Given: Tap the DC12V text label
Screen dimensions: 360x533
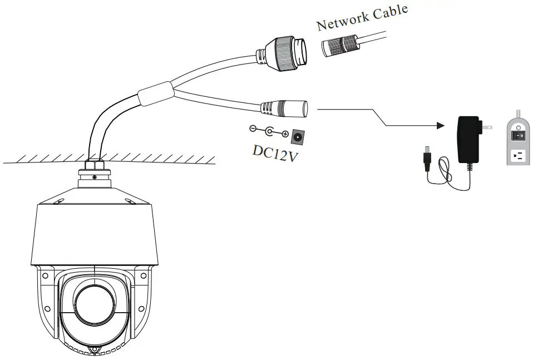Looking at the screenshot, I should tap(274, 150).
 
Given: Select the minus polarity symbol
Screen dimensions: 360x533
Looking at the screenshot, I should tap(253, 129).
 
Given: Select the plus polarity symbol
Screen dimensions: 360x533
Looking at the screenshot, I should tap(285, 134).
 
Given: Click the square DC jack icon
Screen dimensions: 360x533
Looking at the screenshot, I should tap(298, 135).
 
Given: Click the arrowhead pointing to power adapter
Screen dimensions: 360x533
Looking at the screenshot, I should tap(441, 126).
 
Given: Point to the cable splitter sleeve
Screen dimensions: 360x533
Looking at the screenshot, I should tap(156, 93).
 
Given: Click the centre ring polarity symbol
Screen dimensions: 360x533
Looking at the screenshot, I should tap(269, 132).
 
